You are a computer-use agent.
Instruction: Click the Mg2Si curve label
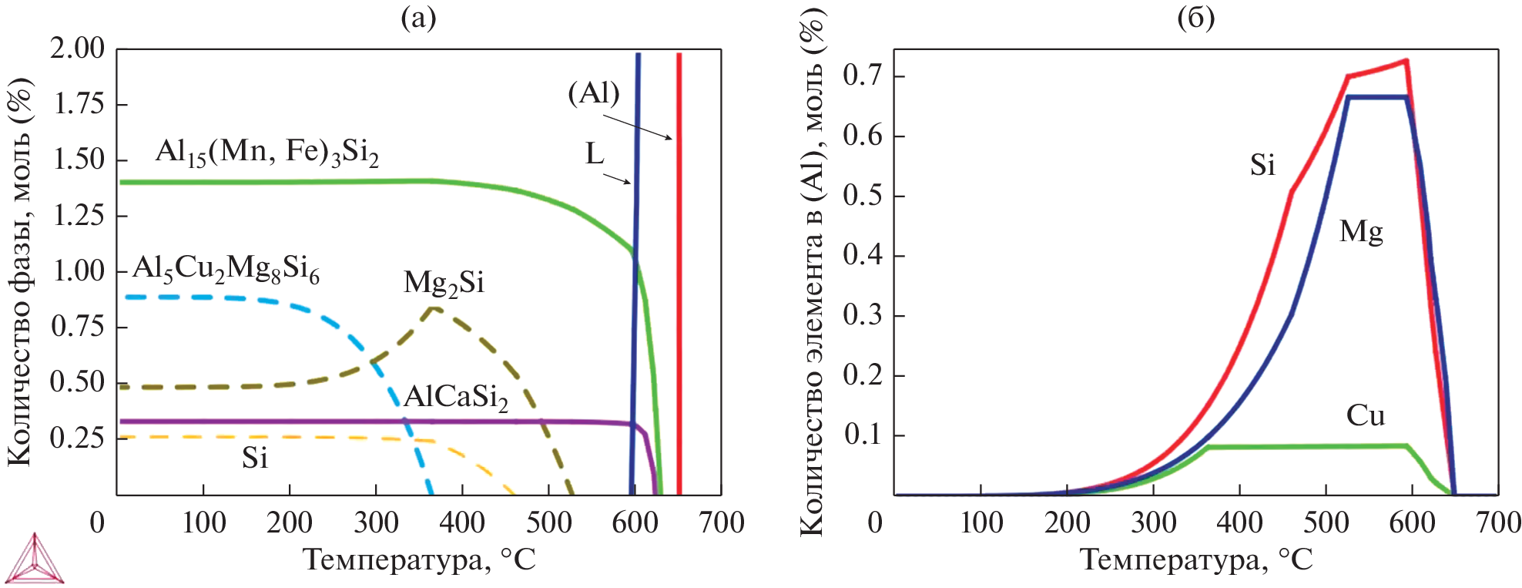click(444, 284)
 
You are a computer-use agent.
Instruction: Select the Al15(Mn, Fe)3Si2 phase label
click(267, 152)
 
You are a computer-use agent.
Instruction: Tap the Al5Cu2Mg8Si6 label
click(226, 269)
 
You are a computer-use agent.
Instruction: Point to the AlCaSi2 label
click(456, 398)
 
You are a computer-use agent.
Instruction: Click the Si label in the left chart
click(255, 459)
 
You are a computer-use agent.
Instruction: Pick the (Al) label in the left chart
click(594, 93)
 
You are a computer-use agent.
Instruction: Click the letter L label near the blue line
click(595, 154)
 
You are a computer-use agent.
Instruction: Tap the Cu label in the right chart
click(1365, 416)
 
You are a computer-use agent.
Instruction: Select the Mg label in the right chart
click(1361, 232)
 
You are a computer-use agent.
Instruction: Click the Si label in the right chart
click(1262, 166)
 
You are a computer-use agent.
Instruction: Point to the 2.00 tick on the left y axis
click(77, 49)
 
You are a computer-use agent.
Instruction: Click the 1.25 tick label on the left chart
click(77, 215)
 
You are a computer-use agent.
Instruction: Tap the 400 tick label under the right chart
click(1239, 523)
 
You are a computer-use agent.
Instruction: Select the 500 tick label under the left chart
click(548, 523)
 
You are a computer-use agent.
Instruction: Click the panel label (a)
click(418, 17)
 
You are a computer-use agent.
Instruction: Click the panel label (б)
click(1196, 17)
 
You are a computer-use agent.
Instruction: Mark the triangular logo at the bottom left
click(33, 558)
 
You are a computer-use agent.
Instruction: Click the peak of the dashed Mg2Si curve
click(434, 308)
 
